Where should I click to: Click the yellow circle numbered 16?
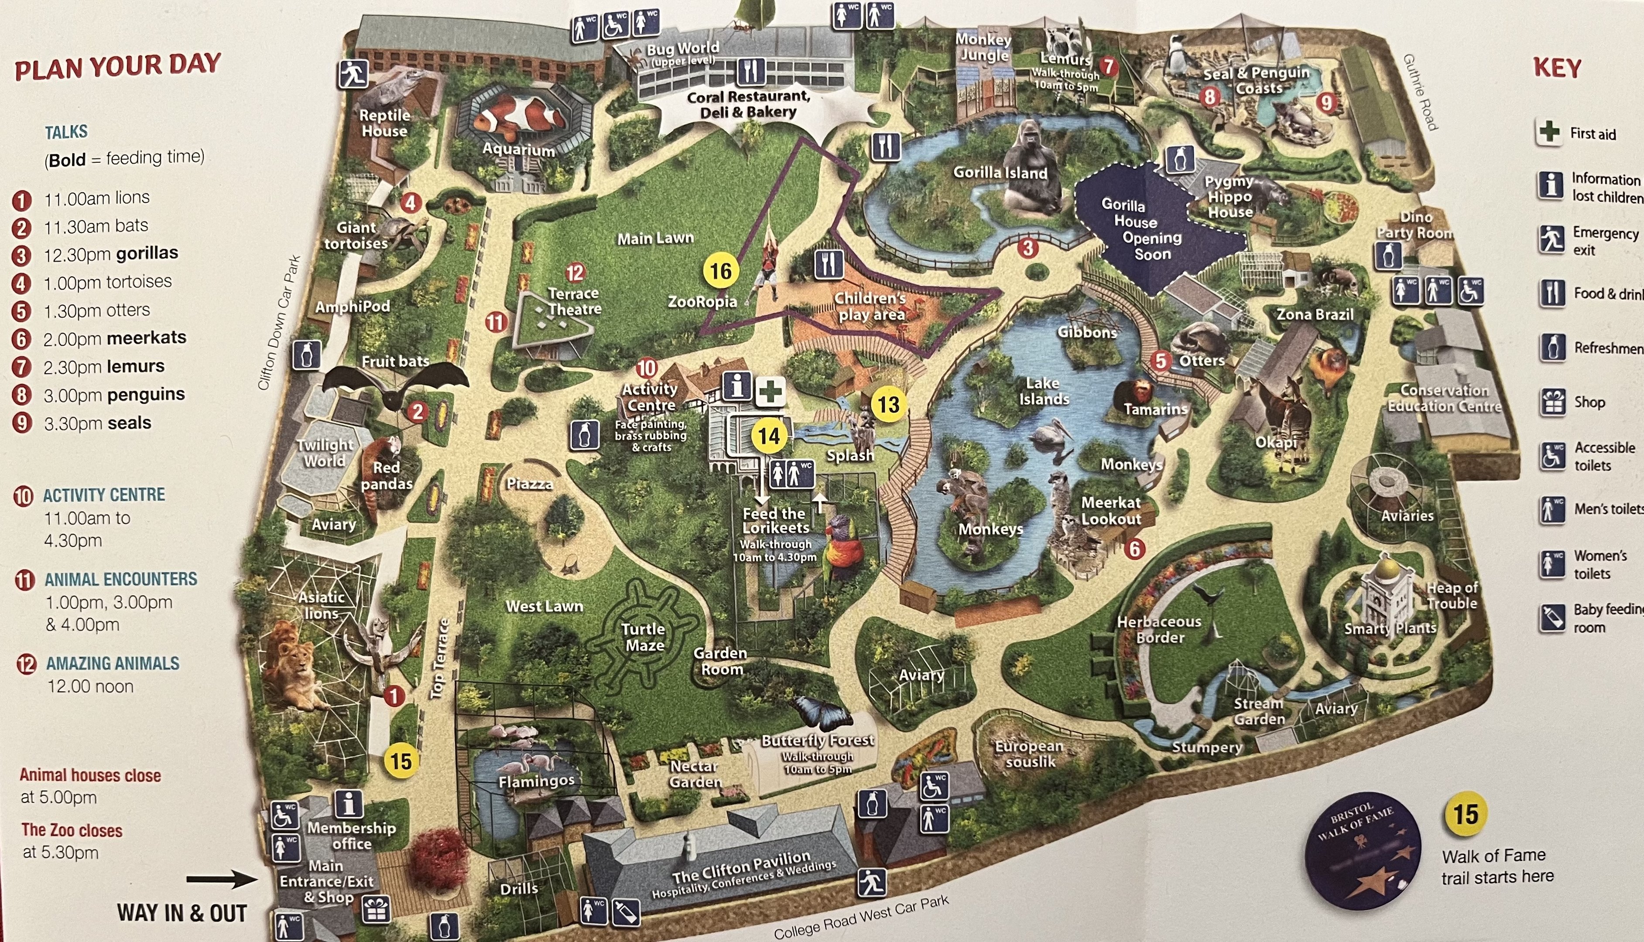[720, 271]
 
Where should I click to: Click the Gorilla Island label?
[1000, 173]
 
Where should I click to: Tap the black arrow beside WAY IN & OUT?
[221, 879]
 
